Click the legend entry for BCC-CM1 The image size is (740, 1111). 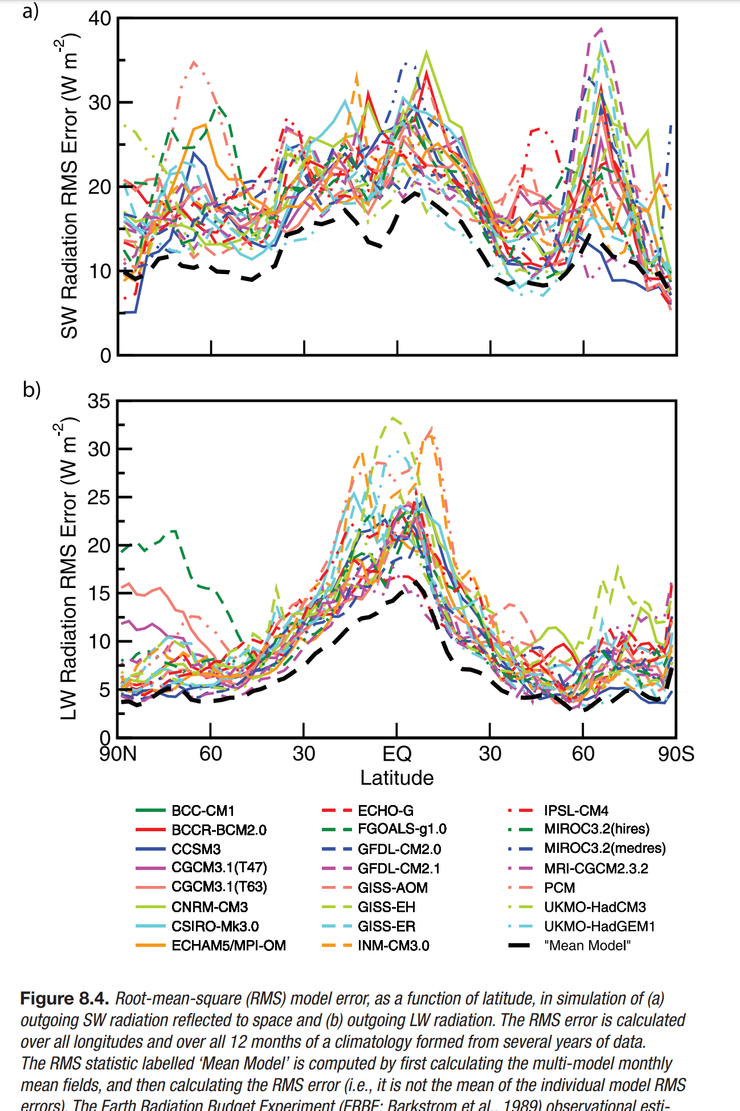[x=203, y=810]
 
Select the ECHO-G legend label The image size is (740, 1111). [x=386, y=810]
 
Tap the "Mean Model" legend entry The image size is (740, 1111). [x=587, y=945]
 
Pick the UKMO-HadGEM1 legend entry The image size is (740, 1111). [x=599, y=926]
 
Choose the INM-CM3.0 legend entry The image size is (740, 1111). [x=393, y=945]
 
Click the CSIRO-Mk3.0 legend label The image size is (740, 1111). [x=215, y=926]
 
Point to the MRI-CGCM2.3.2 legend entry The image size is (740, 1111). [x=596, y=868]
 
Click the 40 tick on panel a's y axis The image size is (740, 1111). [x=100, y=18]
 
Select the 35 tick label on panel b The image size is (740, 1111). [x=99, y=401]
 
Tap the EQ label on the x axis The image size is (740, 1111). [x=396, y=754]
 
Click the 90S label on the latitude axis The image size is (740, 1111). [x=676, y=754]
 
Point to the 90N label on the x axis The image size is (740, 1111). [x=118, y=754]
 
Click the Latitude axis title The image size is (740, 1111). [x=396, y=778]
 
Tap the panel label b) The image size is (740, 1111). [x=32, y=390]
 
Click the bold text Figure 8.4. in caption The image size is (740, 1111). [x=64, y=998]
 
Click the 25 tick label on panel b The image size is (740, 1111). [x=99, y=497]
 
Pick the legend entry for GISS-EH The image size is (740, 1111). [x=386, y=906]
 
